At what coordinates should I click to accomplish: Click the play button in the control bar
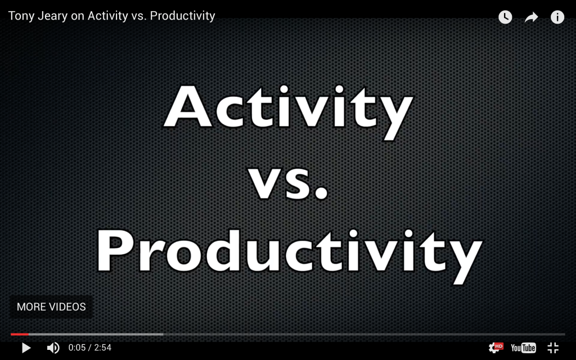tap(26, 348)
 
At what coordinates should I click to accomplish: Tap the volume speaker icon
tap(53, 348)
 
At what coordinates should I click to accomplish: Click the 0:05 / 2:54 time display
tap(90, 348)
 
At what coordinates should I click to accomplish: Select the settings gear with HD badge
tap(495, 348)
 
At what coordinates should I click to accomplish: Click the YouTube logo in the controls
tap(523, 348)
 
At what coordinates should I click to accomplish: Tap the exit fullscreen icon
tap(553, 348)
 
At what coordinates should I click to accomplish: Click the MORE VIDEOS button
tap(51, 307)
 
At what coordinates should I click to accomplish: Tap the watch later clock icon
tap(505, 17)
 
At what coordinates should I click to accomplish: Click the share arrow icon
tap(531, 17)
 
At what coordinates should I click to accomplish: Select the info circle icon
tap(557, 17)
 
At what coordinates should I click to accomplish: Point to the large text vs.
tap(288, 181)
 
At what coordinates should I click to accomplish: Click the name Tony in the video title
tap(21, 16)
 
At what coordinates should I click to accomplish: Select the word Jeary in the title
tap(53, 16)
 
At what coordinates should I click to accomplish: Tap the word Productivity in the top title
tap(182, 16)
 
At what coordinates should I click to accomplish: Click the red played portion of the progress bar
tap(19, 334)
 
